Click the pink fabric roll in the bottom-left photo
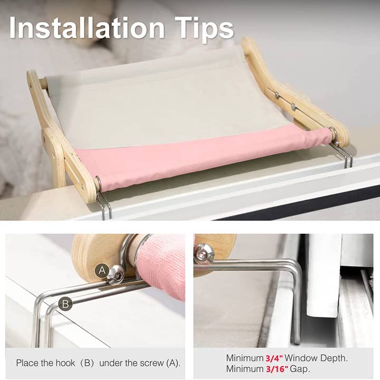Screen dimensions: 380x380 [x=164, y=264]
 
